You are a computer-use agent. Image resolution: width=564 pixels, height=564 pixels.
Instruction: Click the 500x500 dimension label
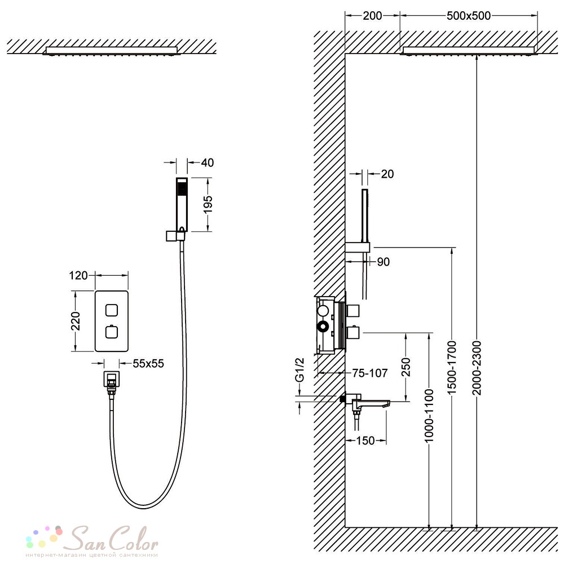click(x=469, y=16)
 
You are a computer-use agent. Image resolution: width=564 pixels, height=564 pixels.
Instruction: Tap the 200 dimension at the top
click(x=372, y=16)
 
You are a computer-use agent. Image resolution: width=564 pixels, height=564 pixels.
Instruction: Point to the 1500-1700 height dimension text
click(x=452, y=368)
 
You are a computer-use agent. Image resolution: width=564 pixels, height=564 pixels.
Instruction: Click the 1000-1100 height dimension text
click(x=429, y=416)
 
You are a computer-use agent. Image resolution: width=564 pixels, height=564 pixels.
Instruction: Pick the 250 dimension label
click(x=406, y=367)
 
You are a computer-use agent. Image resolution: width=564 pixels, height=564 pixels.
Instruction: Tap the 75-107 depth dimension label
click(x=370, y=373)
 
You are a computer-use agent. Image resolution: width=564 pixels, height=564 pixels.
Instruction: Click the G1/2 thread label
click(x=299, y=370)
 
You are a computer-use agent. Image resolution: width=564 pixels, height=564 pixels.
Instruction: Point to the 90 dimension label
click(x=384, y=262)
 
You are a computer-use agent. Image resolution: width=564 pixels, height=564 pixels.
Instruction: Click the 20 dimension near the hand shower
click(x=387, y=174)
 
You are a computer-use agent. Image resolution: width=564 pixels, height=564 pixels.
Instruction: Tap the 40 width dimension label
click(x=208, y=162)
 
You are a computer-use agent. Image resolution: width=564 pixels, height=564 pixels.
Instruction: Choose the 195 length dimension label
click(x=208, y=204)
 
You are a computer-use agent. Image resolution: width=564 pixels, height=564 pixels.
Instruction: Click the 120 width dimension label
click(x=78, y=276)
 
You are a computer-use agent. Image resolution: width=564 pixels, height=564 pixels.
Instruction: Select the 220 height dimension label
click(x=76, y=321)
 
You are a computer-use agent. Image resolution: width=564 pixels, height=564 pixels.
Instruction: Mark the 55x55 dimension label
click(x=148, y=364)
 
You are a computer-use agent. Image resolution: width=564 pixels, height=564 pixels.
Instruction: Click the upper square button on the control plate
click(x=112, y=310)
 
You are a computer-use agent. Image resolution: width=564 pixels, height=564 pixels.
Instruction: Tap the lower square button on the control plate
click(x=112, y=332)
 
